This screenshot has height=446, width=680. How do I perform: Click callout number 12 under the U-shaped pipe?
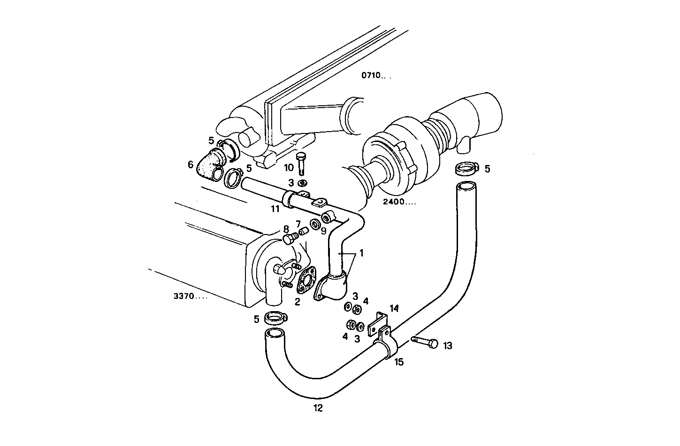pos(318,408)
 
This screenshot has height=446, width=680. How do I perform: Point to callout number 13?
pos(447,346)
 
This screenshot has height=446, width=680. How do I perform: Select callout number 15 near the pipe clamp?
pos(399,362)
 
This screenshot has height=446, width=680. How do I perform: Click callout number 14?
pos(394,308)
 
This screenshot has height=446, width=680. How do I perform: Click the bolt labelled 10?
pos(302,163)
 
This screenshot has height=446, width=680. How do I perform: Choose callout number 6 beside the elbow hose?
pos(191,164)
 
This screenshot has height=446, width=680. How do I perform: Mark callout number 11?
pos(275,208)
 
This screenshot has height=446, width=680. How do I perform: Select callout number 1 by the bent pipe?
pos(361,253)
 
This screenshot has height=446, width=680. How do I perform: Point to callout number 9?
pos(323,231)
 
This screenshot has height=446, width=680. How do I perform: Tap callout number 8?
pos(286,229)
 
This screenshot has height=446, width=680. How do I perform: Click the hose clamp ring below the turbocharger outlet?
pos(466,168)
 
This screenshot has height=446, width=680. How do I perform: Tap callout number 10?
pos(289,167)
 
